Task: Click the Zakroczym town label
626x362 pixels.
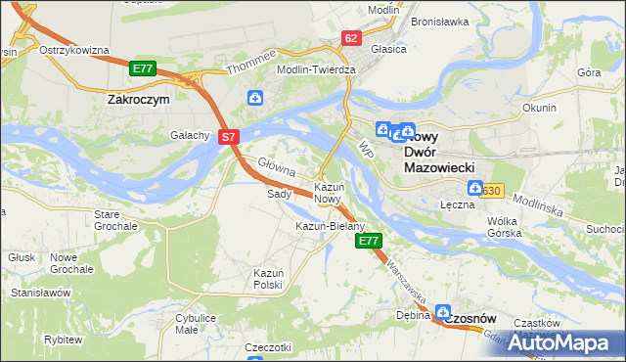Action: tap(138, 99)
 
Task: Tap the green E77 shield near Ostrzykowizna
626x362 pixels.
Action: tap(143, 68)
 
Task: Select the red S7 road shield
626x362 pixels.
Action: tap(228, 138)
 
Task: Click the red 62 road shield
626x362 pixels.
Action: tap(351, 37)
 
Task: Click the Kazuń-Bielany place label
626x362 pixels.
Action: tap(330, 226)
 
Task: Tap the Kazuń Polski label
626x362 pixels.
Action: tap(268, 278)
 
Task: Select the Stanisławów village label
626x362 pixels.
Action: tap(41, 293)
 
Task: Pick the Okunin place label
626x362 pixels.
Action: tap(539, 108)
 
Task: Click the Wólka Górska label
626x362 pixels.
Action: tap(509, 227)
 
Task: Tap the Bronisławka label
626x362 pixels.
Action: tap(439, 21)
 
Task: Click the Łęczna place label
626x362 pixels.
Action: tap(457, 204)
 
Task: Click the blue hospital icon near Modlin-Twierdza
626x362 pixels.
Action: tap(254, 98)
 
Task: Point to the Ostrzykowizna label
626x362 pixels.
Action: tap(73, 50)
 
